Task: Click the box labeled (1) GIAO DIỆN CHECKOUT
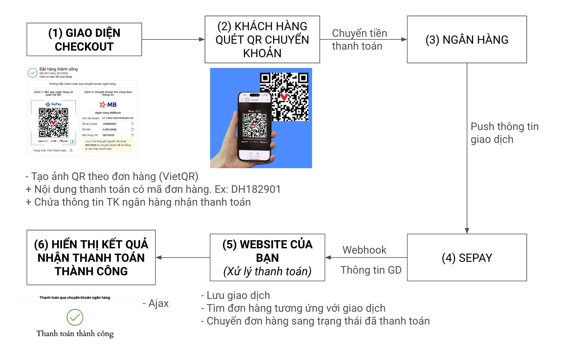tap(84, 39)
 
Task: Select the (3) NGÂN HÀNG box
tap(466, 39)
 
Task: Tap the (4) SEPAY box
tap(466, 258)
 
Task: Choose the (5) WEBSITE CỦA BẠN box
tap(267, 258)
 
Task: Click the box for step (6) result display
tap(91, 258)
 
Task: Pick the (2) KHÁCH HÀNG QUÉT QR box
tap(262, 39)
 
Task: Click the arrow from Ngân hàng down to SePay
tap(467, 148)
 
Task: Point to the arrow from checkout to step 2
tap(173, 39)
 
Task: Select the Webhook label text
tap(364, 250)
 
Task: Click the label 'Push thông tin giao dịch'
tap(504, 133)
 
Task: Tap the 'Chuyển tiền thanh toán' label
tap(359, 39)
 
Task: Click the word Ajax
tap(159, 303)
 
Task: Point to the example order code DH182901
tap(256, 189)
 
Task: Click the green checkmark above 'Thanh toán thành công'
tap(75, 317)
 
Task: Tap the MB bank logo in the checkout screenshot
tap(108, 104)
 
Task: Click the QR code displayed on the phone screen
tap(254, 125)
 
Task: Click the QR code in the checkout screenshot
tap(53, 123)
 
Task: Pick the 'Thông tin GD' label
tap(371, 270)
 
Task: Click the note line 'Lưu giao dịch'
tap(236, 295)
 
